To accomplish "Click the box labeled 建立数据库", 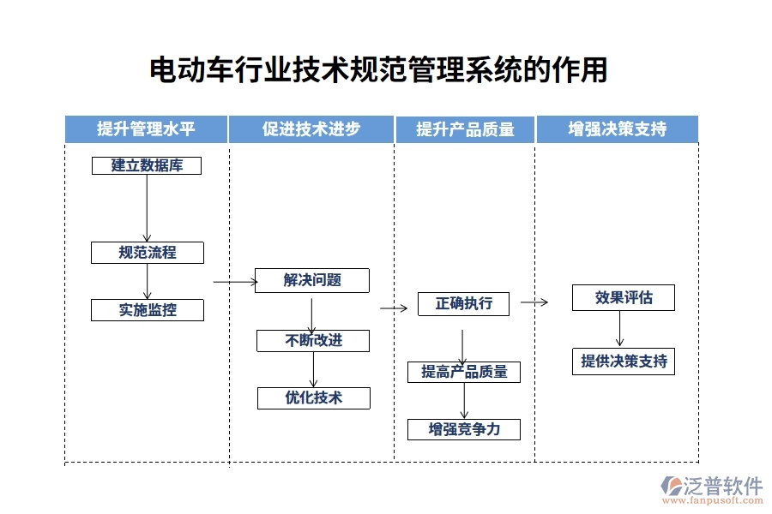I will pyautogui.click(x=147, y=165).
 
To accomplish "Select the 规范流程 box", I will pyautogui.click(x=148, y=252).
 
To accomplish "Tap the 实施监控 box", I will pyautogui.click(x=148, y=310).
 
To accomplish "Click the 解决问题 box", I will pyautogui.click(x=312, y=280).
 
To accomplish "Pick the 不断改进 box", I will pyautogui.click(x=313, y=341).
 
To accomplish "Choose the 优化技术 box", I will pyautogui.click(x=313, y=397).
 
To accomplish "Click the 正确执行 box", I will pyautogui.click(x=463, y=303).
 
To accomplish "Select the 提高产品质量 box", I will pyautogui.click(x=464, y=372).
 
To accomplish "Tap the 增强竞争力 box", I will pyautogui.click(x=464, y=428).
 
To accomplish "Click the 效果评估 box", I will pyautogui.click(x=624, y=297).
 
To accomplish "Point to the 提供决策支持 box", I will pyautogui.click(x=624, y=362).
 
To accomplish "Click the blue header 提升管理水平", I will pyautogui.click(x=147, y=129).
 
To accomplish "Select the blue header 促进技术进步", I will pyautogui.click(x=311, y=129).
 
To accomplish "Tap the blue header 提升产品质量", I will pyautogui.click(x=465, y=129).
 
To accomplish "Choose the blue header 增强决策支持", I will pyautogui.click(x=617, y=129).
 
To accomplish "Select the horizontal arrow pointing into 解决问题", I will pyautogui.click(x=234, y=281).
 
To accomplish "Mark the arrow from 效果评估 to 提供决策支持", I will pyautogui.click(x=619, y=329).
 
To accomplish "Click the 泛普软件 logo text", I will pyautogui.click(x=721, y=486).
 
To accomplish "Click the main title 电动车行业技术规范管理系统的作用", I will pyautogui.click(x=378, y=70).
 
